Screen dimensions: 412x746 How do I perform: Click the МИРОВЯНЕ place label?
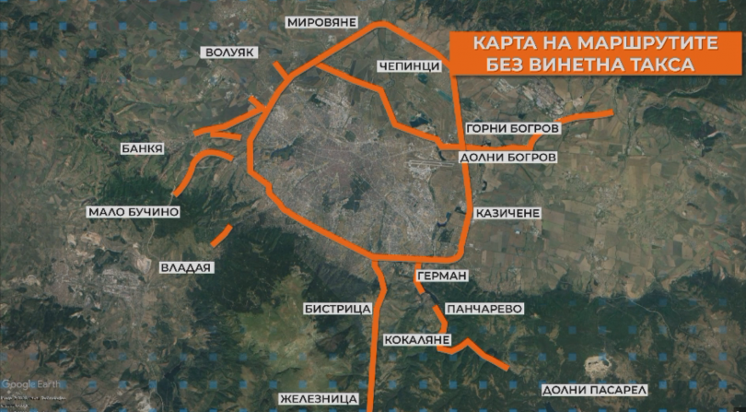321,21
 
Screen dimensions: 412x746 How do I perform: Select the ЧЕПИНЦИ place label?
405,66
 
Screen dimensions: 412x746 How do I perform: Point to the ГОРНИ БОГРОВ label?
512,130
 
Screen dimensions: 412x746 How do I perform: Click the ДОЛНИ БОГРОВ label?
507,158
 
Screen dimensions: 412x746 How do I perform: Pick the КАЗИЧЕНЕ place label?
507,213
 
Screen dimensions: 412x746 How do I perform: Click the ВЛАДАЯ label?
187,267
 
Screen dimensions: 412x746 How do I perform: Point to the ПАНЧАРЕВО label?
484,308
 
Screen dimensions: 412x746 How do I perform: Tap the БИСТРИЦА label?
337,308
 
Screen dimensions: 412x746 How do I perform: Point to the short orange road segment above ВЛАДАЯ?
221,234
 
